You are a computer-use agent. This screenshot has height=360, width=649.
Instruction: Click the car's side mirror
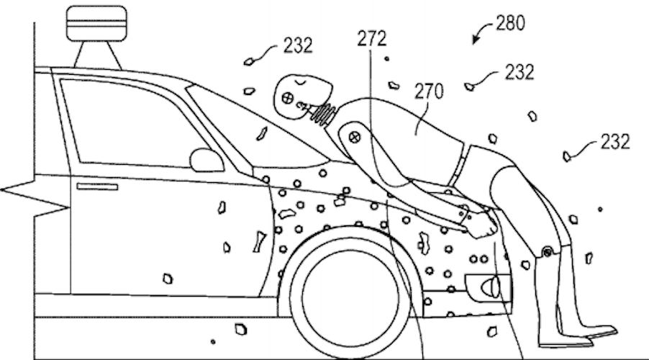206,159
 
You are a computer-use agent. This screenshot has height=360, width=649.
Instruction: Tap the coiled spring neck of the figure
324,112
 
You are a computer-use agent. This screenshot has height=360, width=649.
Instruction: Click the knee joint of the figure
548,251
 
